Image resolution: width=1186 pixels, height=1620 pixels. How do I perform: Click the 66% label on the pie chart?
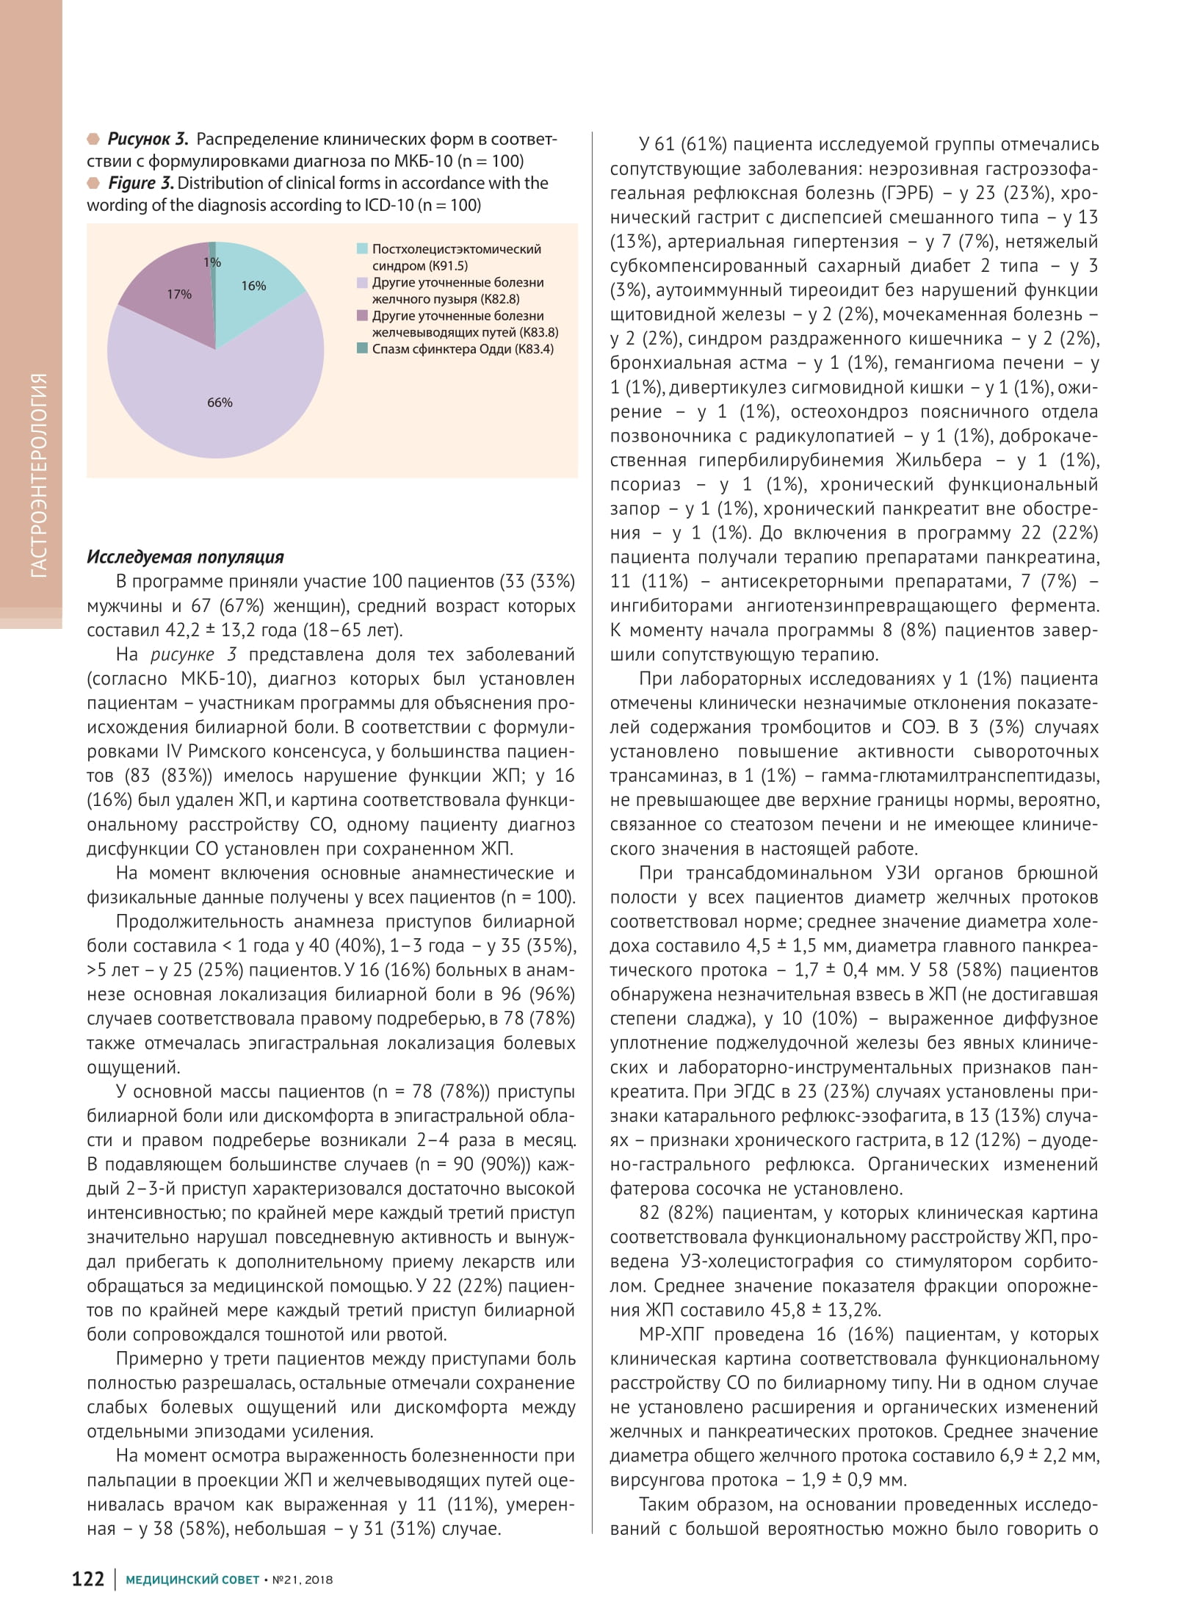coord(220,403)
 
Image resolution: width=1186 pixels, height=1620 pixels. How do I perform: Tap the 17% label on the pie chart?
coord(179,295)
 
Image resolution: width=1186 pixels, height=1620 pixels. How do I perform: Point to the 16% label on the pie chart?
coord(253,286)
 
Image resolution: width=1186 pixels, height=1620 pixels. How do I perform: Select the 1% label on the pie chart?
coord(212,262)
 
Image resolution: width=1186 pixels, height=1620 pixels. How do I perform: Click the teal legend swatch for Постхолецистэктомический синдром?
coord(362,249)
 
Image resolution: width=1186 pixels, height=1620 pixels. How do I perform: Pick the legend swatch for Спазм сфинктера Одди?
coord(362,349)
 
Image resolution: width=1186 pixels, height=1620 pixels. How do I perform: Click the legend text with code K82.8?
coord(458,291)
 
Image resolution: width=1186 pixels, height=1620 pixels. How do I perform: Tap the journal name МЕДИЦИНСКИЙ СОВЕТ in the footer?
coord(192,1580)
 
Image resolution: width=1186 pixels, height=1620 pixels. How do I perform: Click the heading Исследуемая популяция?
coord(185,557)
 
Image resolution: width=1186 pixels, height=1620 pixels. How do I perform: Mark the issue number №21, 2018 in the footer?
coord(302,1580)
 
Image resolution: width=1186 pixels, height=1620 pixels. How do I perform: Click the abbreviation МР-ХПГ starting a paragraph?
coord(673,1335)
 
